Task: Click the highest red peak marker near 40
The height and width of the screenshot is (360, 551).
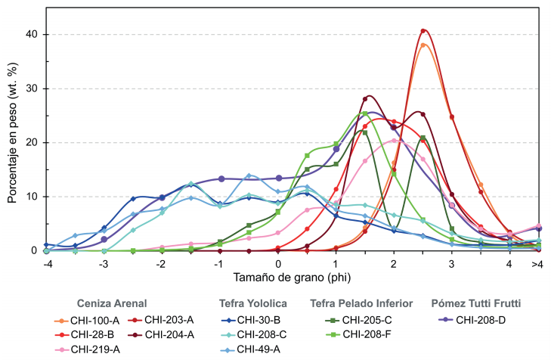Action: click(x=423, y=31)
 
